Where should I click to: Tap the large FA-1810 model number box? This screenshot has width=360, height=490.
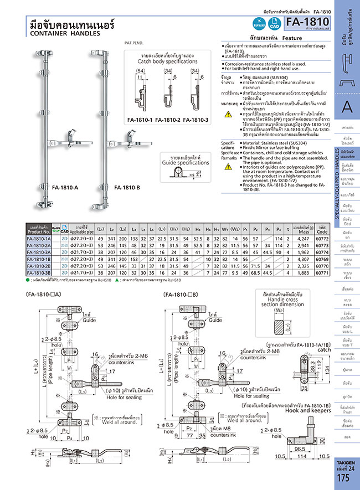pyautogui.click(x=308, y=22)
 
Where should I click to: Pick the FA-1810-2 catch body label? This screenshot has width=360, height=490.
pyautogui.click(x=168, y=120)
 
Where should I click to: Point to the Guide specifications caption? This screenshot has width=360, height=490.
pyautogui.click(x=178, y=163)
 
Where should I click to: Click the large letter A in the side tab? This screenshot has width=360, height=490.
pyautogui.click(x=347, y=106)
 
